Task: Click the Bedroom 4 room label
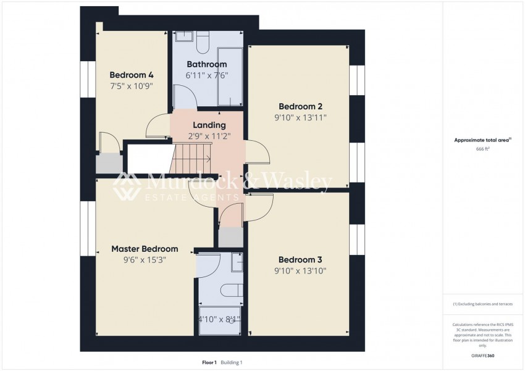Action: coord(132,75)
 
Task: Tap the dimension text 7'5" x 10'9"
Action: coord(132,86)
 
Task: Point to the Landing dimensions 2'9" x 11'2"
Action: coord(209,136)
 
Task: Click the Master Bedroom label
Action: coord(145,249)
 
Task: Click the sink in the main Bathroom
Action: coord(183,36)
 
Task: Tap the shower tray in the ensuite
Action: coord(219,320)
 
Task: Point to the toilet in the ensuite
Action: coord(230,290)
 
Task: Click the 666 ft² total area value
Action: coord(482,149)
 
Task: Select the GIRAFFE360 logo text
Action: coord(482,356)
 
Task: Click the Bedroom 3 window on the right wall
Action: coord(358,240)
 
